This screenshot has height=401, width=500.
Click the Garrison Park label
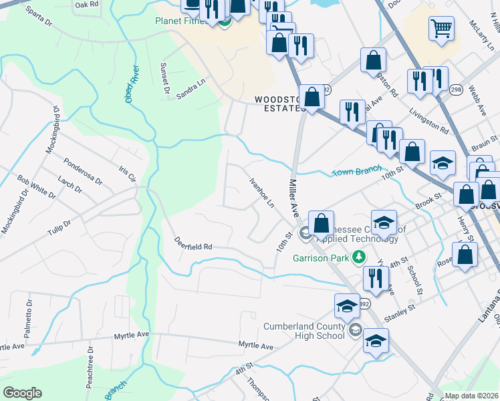tap(322, 257)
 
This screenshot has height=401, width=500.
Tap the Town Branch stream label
tap(356, 170)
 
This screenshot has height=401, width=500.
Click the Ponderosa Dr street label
tap(84, 172)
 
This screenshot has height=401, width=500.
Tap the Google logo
tap(22, 393)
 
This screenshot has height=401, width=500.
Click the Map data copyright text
tap(471, 396)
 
